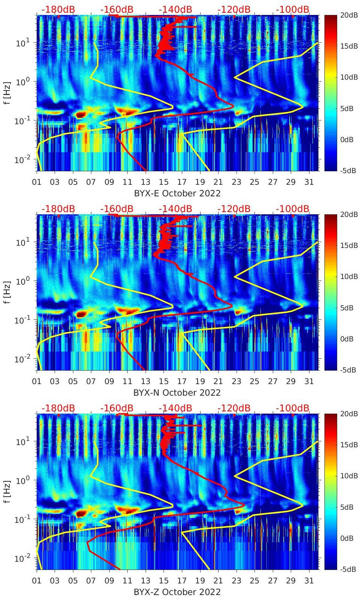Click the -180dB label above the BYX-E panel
(x=58, y=9)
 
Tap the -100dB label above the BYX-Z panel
(x=293, y=408)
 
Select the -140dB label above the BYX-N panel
(x=176, y=209)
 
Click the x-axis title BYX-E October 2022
(x=177, y=193)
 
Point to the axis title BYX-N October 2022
(x=177, y=393)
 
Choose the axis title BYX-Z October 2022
(x=177, y=592)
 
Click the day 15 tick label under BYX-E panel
(x=164, y=182)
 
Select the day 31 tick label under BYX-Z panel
(x=309, y=581)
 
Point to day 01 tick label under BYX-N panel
(x=37, y=381)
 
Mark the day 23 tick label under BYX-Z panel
(x=236, y=581)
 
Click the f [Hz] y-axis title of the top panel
(x=7, y=93)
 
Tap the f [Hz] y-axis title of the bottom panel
(x=7, y=491)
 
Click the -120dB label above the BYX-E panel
(x=234, y=9)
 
